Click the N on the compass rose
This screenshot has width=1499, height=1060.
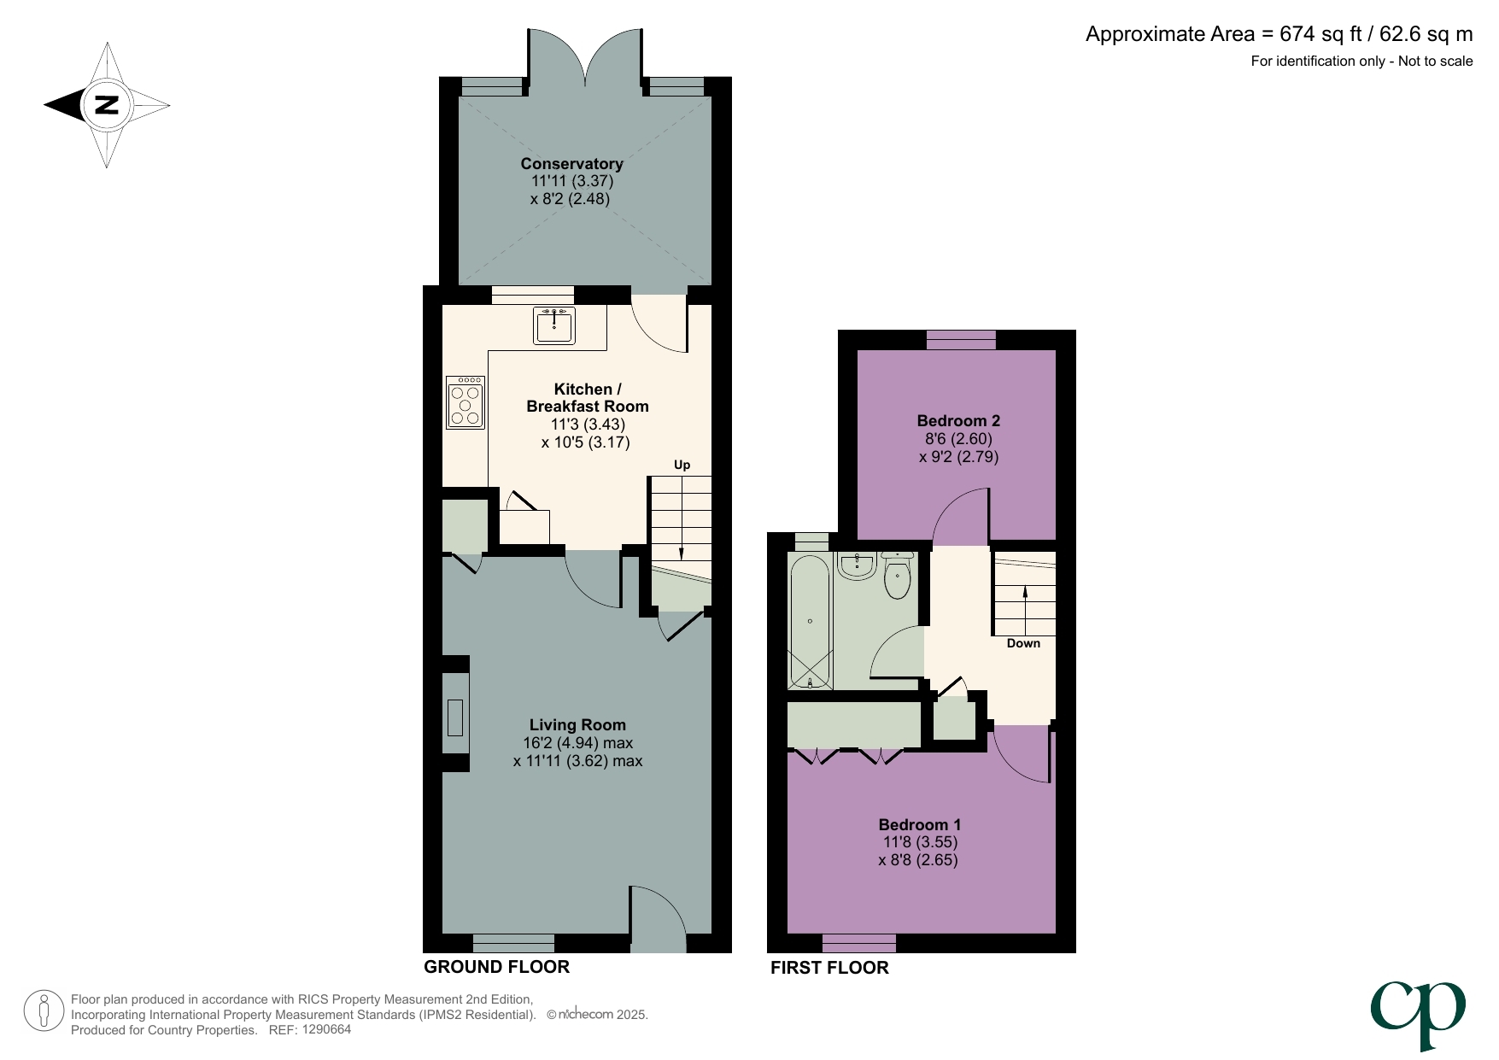pos(107,105)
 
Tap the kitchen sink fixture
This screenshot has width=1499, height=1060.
pos(554,325)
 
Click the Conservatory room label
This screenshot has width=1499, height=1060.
pos(571,163)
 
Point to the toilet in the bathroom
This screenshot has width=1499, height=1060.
pos(897,577)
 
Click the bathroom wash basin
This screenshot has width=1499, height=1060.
pos(857,565)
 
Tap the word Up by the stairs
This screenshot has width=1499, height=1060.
pos(682,465)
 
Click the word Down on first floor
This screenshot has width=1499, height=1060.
pos(1023,643)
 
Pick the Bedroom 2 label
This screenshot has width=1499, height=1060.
pos(957,420)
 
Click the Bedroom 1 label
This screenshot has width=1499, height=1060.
pos(919,824)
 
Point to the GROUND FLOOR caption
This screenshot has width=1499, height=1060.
pos(496,967)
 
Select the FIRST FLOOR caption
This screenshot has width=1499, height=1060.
pos(829,968)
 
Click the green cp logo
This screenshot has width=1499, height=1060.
pos(1418,1012)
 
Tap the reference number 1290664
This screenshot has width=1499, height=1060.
pos(323,1030)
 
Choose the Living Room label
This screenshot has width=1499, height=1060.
pos(577,724)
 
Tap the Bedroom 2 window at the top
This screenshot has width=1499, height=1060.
pos(961,340)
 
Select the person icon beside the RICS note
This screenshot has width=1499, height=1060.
pos(44,1011)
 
